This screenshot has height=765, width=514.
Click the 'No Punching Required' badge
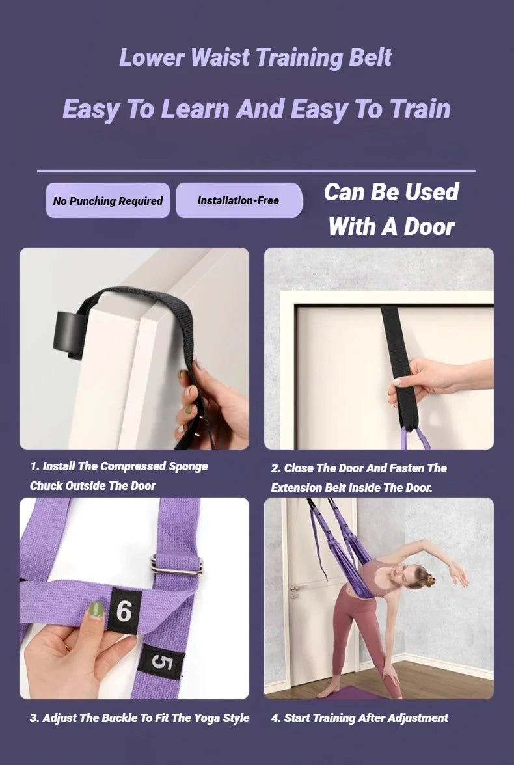coord(108,200)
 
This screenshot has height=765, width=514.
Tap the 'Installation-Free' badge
coord(238,200)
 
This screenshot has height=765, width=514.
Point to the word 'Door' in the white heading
coord(429,227)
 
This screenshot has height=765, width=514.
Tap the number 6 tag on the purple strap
coord(124,611)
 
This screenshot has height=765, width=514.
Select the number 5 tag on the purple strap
coord(161,662)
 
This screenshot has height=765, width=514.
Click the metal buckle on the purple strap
coord(176,565)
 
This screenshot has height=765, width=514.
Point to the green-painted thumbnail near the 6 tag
coord(96,610)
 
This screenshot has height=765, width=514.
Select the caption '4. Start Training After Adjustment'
coord(359,718)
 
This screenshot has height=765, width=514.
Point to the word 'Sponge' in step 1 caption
coord(188,466)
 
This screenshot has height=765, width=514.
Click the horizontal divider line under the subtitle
coord(256,171)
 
